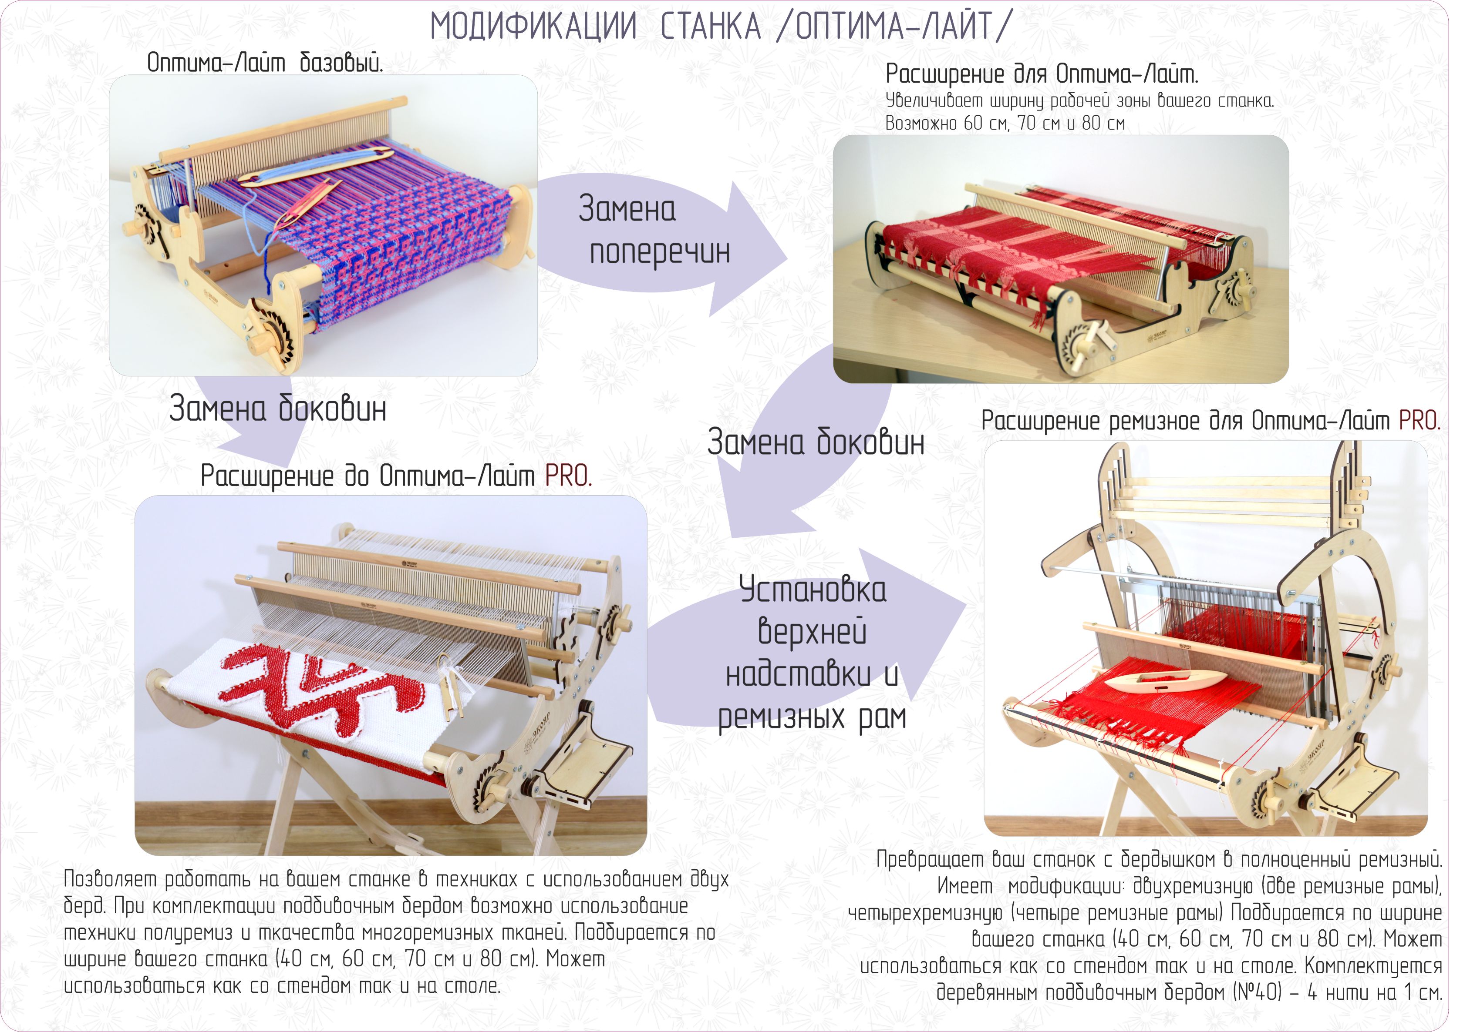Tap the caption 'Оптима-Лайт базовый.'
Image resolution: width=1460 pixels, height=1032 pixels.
265,63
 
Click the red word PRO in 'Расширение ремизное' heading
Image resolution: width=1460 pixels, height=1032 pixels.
1420,421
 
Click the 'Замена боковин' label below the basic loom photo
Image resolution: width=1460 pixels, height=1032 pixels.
278,408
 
